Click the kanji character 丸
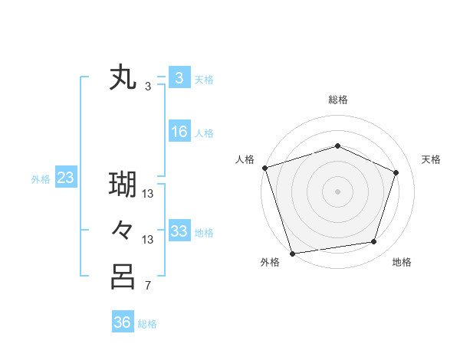click(x=123, y=79)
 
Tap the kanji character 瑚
click(x=123, y=185)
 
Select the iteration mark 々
click(x=123, y=231)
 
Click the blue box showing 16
click(x=179, y=133)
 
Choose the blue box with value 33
click(x=179, y=231)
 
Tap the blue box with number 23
click(x=66, y=178)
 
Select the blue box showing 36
click(x=122, y=323)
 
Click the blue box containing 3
click(x=179, y=78)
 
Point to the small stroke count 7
click(x=148, y=286)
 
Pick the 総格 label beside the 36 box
click(x=147, y=324)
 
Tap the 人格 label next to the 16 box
click(x=204, y=133)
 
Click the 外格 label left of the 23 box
click(x=41, y=179)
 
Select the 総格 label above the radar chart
click(x=337, y=100)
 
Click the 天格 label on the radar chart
click(x=432, y=159)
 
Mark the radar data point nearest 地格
click(x=374, y=242)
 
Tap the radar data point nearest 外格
click(x=292, y=253)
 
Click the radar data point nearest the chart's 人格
click(x=264, y=168)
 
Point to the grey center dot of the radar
click(x=337, y=191)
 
